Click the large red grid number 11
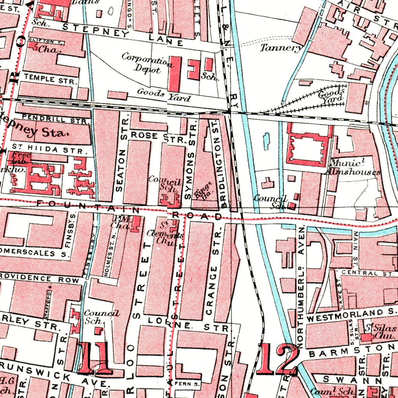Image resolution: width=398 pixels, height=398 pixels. click(x=95, y=358)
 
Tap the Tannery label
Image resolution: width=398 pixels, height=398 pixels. click(x=281, y=48)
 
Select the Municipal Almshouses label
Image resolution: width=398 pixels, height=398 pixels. click(x=353, y=168)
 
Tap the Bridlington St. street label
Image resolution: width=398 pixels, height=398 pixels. click(x=223, y=163)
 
